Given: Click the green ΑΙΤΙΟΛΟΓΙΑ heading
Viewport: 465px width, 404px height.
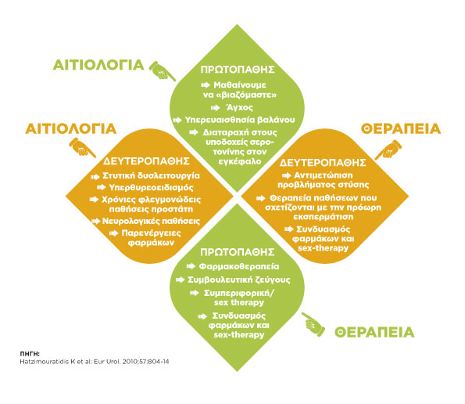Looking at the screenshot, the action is pos(98,65).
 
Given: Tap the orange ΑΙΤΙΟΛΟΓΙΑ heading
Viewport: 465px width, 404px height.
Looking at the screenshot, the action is pos(71,129).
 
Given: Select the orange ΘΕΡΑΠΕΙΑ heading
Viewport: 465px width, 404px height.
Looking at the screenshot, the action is pos(401,129).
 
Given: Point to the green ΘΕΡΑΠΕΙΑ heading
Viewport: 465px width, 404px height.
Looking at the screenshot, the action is pos(374,332).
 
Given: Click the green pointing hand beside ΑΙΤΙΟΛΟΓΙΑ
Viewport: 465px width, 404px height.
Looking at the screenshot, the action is pos(162,70).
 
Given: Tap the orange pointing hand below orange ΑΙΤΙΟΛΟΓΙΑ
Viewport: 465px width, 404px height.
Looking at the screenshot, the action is pos(82,147).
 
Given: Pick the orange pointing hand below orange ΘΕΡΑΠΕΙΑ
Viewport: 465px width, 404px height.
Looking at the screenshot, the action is pos(388,150).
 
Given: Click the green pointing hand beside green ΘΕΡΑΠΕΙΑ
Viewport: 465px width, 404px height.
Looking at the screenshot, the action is pos(313,324).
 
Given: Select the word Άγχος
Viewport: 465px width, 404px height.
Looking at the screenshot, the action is pos(240,107).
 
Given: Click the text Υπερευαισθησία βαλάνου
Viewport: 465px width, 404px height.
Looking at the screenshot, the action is pos(240,120).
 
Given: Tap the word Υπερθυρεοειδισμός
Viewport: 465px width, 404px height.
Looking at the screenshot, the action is pos(152,188).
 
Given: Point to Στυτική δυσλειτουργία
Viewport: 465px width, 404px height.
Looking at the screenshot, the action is pos(151,175).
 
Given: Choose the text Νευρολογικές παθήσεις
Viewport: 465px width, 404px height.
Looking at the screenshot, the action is pos(151,221).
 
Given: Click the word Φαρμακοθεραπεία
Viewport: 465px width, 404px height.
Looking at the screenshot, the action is pos(239,266).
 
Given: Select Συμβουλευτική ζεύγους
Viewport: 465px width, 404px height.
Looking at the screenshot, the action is pos(239,280).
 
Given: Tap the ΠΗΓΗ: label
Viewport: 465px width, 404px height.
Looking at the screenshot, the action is pos(30,354).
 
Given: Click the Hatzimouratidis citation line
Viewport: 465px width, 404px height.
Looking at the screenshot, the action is pos(95,362).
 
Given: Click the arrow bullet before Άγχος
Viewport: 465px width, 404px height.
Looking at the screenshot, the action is pos(216,107).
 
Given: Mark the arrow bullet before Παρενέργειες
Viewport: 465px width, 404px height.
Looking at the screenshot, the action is pos(114,233).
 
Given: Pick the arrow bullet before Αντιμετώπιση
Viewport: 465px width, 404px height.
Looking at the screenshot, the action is pos(287,176).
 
